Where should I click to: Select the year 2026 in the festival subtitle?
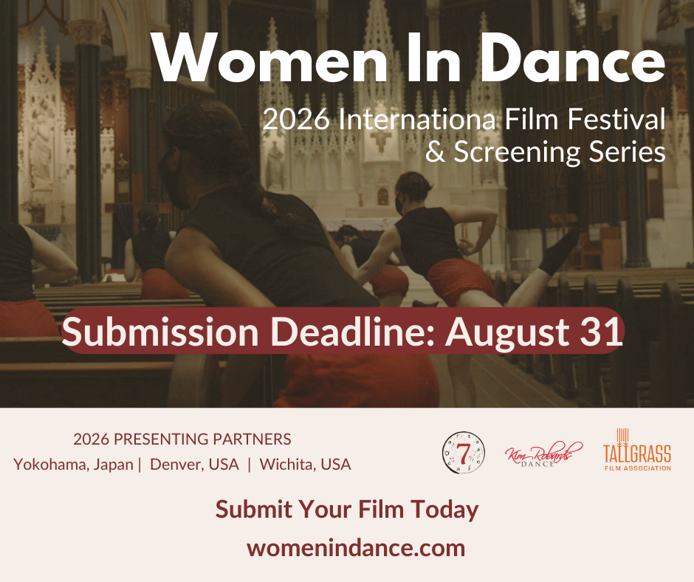tap(296, 120)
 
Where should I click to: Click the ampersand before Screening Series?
tap(435, 152)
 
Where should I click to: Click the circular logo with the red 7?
tap(464, 453)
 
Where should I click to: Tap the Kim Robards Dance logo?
tap(543, 454)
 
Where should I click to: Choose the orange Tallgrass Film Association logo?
tap(637, 450)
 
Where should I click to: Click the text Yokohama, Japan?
tap(74, 465)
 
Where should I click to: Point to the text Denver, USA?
tap(194, 464)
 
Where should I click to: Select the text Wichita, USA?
tap(306, 464)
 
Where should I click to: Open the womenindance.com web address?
tap(356, 548)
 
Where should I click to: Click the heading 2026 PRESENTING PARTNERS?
tap(182, 439)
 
